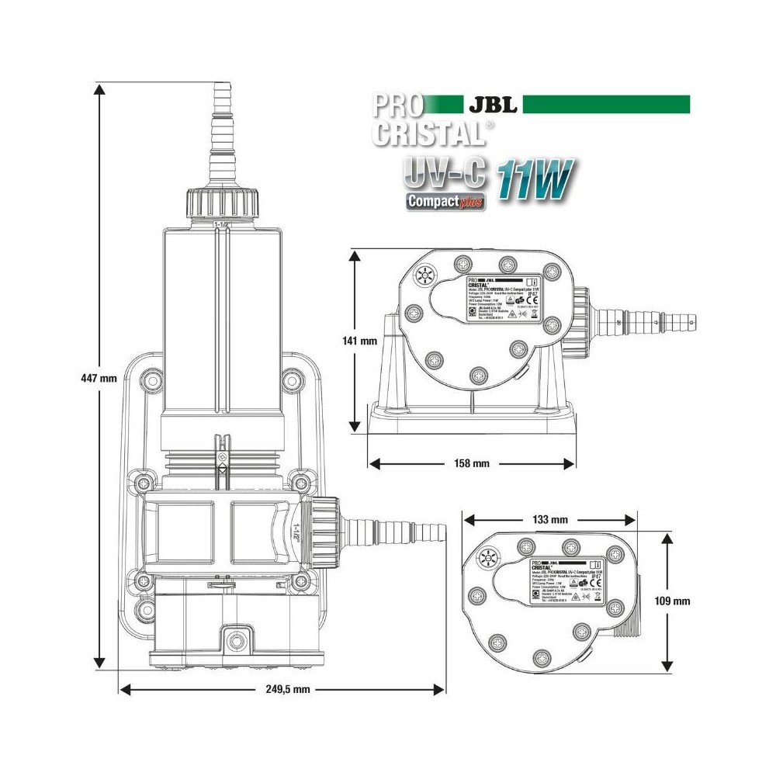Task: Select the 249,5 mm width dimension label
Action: click(284, 688)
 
